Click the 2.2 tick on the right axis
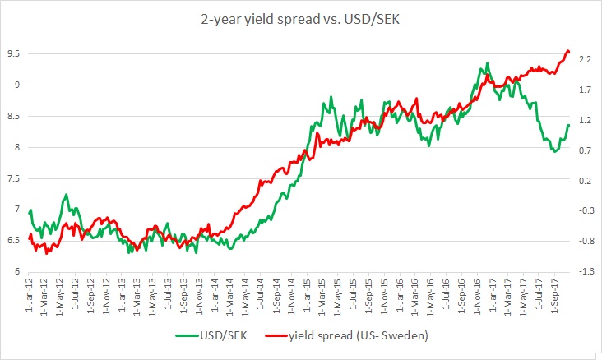(x=586, y=59)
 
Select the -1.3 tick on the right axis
(x=586, y=272)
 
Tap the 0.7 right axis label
(x=586, y=150)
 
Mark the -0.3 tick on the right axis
(x=586, y=211)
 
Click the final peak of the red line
(x=567, y=51)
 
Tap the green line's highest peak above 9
(x=488, y=62)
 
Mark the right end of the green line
(x=568, y=125)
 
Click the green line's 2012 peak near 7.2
(x=66, y=195)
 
